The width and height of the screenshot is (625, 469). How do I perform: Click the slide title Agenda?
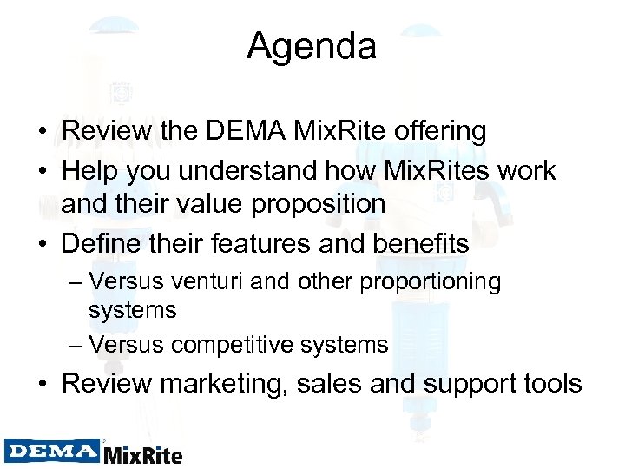tap(312, 46)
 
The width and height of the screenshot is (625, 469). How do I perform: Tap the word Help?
tap(89, 170)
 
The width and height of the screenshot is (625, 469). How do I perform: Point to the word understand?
tap(267, 170)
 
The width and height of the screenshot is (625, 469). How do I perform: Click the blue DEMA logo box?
tap(52, 451)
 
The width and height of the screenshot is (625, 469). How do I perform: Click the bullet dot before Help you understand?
tap(42, 171)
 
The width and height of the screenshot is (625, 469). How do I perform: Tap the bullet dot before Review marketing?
tap(42, 383)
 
